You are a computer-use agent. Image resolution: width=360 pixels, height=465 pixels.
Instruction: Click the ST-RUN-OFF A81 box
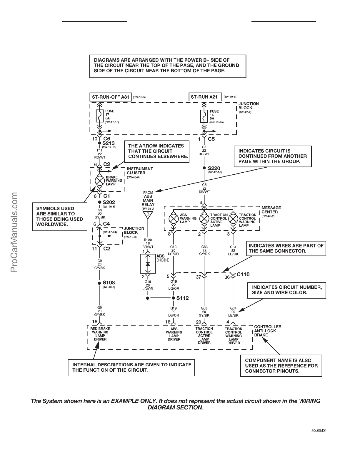click(x=110, y=97)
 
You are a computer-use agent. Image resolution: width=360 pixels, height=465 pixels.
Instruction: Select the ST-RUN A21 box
click(x=205, y=97)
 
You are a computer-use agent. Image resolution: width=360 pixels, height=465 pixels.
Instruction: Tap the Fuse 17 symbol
click(x=100, y=116)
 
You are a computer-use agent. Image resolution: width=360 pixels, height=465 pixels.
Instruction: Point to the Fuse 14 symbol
click(x=203, y=117)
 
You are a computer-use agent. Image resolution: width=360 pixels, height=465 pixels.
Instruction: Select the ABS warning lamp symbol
click(x=174, y=219)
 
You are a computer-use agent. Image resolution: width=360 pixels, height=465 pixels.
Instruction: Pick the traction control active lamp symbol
click(x=204, y=219)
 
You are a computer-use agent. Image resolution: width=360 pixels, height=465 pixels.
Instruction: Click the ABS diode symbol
click(x=148, y=264)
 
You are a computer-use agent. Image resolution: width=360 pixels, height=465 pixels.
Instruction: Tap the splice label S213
click(x=109, y=143)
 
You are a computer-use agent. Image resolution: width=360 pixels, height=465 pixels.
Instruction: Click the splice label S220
click(x=214, y=168)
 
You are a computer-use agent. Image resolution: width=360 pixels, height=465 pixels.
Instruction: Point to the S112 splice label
click(x=182, y=298)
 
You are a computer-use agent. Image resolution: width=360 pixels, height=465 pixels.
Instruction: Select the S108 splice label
click(x=109, y=283)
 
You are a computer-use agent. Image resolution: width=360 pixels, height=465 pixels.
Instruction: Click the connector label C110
click(x=243, y=274)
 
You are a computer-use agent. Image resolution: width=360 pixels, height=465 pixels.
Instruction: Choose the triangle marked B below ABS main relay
click(x=148, y=215)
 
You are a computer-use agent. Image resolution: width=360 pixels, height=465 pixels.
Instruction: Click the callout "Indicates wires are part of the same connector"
click(x=286, y=248)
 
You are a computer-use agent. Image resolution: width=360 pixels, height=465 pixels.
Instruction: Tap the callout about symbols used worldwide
click(x=60, y=216)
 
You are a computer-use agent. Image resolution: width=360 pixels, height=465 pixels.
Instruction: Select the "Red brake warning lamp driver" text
click(x=100, y=334)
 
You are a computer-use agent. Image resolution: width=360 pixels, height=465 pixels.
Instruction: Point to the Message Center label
click(x=271, y=210)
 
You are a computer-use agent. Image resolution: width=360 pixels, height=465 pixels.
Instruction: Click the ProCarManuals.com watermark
click(x=15, y=232)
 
